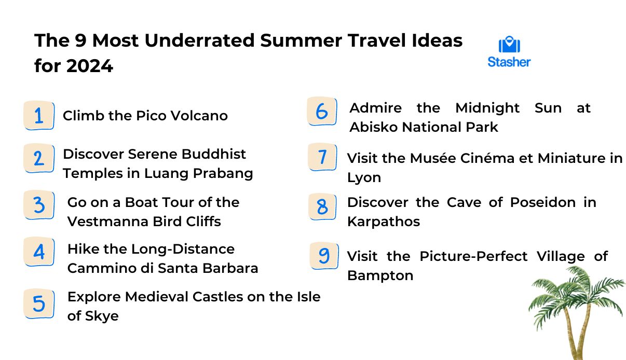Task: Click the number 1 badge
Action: (39, 115)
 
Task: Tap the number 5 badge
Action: (39, 303)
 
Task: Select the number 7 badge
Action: (322, 157)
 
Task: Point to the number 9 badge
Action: (324, 256)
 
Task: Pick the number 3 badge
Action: (39, 205)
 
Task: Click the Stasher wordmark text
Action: (509, 62)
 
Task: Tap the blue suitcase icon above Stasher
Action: (509, 44)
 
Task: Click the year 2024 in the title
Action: (90, 66)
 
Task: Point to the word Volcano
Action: (199, 116)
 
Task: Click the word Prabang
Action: (223, 173)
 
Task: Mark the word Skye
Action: (102, 316)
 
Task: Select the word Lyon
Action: (364, 178)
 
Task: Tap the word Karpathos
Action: (384, 221)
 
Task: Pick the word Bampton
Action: (380, 275)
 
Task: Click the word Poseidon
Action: (543, 202)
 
